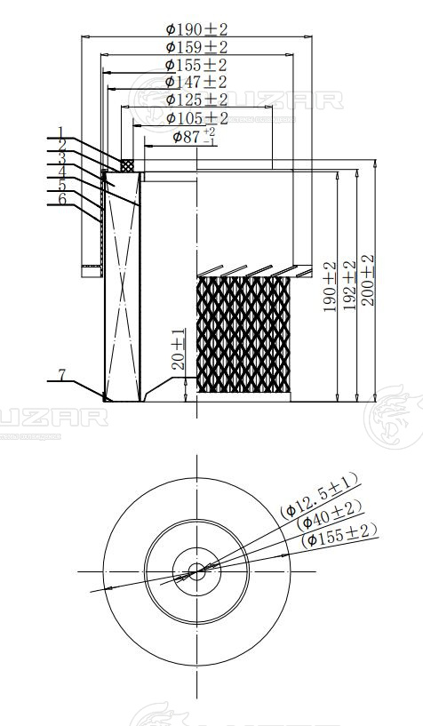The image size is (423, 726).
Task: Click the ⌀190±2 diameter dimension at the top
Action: pyautogui.click(x=196, y=29)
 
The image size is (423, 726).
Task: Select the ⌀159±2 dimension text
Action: pyautogui.click(x=196, y=47)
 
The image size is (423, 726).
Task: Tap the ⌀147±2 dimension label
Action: pyautogui.click(x=196, y=82)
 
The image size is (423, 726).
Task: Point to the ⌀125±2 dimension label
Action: pyautogui.click(x=196, y=100)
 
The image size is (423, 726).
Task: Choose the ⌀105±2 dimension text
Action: pyautogui.click(x=197, y=118)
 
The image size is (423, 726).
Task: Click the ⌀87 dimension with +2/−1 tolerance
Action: pyautogui.click(x=194, y=137)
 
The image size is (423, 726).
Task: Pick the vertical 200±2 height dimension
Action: pyautogui.click(x=368, y=280)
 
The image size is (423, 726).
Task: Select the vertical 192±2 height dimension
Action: pyautogui.click(x=349, y=285)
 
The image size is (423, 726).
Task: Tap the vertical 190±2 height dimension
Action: pyautogui.click(x=330, y=287)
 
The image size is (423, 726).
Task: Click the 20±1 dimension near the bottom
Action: pyautogui.click(x=179, y=349)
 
